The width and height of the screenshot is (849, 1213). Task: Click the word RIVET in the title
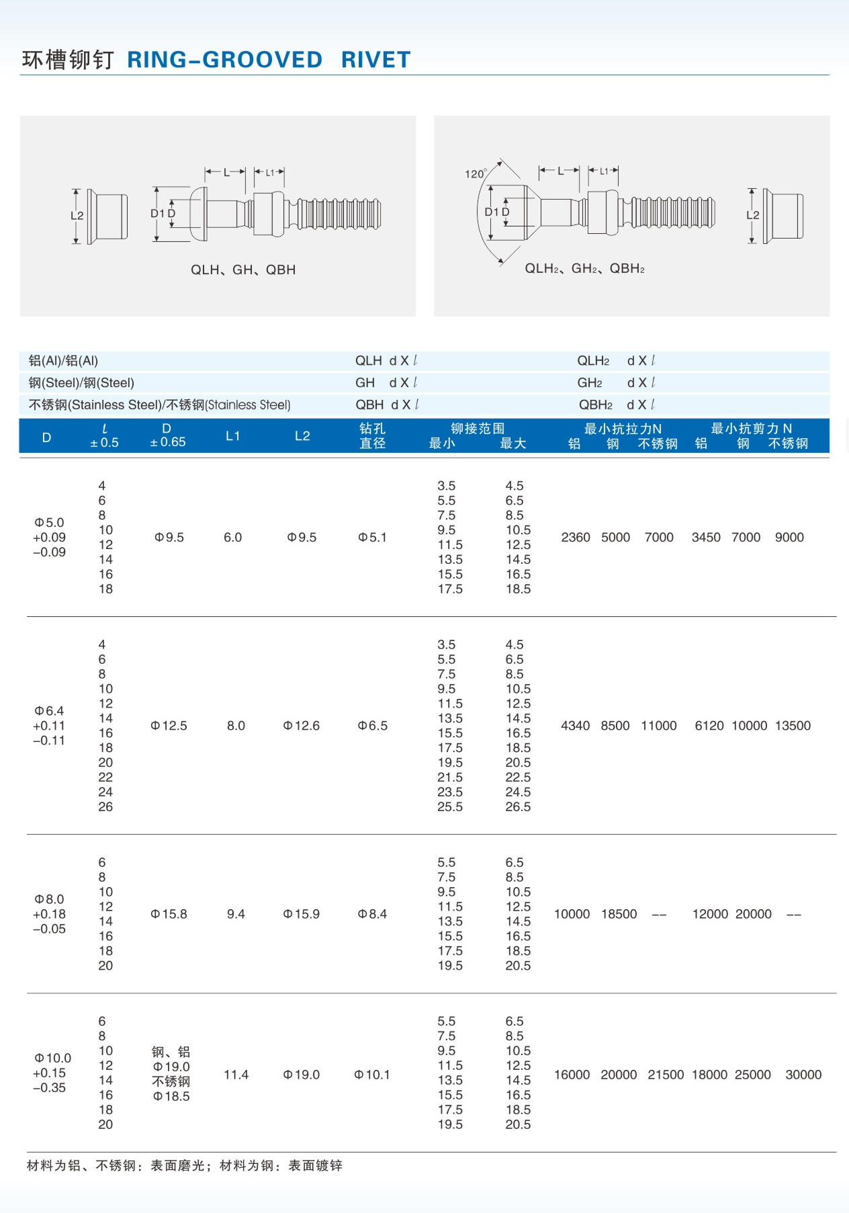tap(375, 60)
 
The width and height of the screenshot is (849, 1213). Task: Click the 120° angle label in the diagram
tap(476, 174)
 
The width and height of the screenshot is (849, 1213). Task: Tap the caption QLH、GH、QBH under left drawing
tap(243, 269)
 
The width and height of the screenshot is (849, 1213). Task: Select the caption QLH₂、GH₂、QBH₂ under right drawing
tap(584, 269)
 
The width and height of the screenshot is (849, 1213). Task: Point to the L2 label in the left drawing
tap(77, 216)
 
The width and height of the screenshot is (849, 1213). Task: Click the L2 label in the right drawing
tap(753, 215)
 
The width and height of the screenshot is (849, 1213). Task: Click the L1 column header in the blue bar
tap(233, 436)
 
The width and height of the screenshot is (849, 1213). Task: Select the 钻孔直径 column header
tap(372, 435)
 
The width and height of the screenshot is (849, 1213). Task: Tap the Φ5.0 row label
tap(49, 523)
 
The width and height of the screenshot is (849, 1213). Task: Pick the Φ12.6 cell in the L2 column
tap(302, 726)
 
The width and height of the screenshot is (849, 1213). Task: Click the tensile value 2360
tap(576, 538)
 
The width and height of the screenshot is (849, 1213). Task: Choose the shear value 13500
tap(793, 726)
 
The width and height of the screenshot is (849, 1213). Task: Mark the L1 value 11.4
tap(236, 1075)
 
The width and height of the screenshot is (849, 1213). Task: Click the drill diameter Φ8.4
tap(372, 914)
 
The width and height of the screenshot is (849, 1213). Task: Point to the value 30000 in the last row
tap(803, 1075)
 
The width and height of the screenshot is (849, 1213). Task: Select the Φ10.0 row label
tap(52, 1058)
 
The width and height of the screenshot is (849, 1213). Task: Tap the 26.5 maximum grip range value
tap(518, 807)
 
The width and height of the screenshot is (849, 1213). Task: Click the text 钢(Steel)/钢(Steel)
tap(81, 383)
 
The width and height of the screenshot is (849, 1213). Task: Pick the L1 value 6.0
tap(232, 538)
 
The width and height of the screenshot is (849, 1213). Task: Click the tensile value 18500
tap(619, 914)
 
